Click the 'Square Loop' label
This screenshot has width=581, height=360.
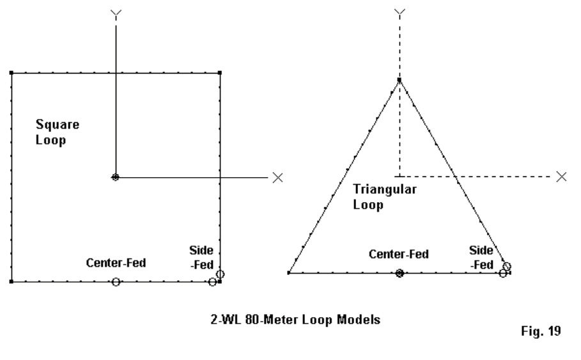(x=58, y=132)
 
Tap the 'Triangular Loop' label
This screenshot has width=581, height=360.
(x=385, y=197)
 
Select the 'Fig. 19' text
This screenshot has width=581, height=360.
(x=541, y=331)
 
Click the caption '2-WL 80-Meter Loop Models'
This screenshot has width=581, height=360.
(x=295, y=320)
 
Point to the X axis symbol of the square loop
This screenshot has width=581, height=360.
(x=277, y=178)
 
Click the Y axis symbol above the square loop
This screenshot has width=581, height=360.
(x=116, y=15)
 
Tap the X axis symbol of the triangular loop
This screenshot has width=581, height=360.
(x=561, y=177)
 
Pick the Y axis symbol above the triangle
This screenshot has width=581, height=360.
(x=399, y=13)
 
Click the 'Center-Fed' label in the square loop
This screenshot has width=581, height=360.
(x=116, y=263)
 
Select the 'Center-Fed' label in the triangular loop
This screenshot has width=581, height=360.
(x=399, y=254)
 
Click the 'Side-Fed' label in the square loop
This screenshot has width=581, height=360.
(x=201, y=258)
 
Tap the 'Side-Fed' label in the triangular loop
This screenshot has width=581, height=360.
(x=481, y=258)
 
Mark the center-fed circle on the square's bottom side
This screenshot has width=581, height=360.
(x=116, y=282)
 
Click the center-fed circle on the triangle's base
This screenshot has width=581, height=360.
(x=399, y=273)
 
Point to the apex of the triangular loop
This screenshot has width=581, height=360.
(x=399, y=80)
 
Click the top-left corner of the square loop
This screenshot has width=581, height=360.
(x=12, y=73)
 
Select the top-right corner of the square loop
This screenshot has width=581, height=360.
(x=220, y=73)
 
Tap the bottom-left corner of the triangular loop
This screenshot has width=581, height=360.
(x=289, y=273)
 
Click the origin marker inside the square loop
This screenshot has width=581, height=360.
(x=115, y=178)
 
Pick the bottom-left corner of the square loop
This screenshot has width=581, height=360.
(x=12, y=282)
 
